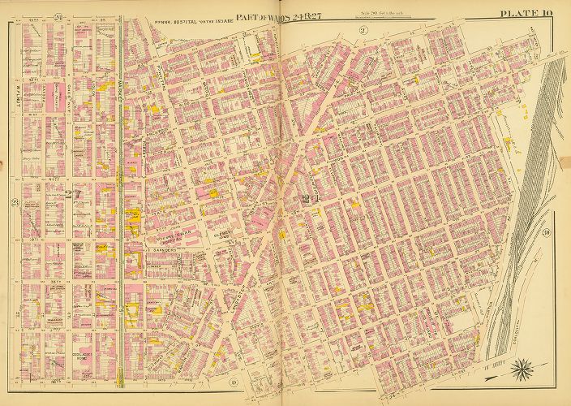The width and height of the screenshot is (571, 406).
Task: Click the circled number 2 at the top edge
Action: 364,31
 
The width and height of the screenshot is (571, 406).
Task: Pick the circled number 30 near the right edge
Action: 549,235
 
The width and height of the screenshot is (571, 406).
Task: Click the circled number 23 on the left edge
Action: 13,203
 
